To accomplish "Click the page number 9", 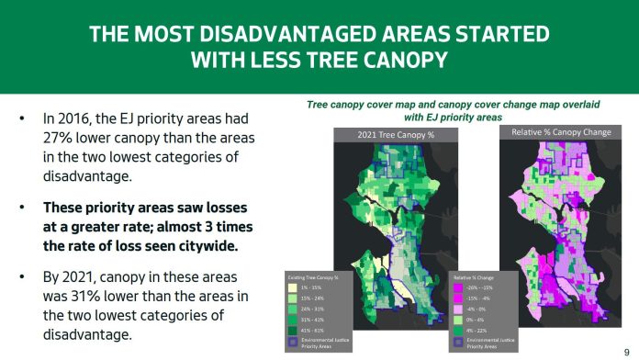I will (626, 350).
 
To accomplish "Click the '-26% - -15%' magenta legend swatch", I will (460, 286).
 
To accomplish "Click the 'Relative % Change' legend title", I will (477, 276).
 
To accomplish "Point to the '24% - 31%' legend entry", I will (312, 307).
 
